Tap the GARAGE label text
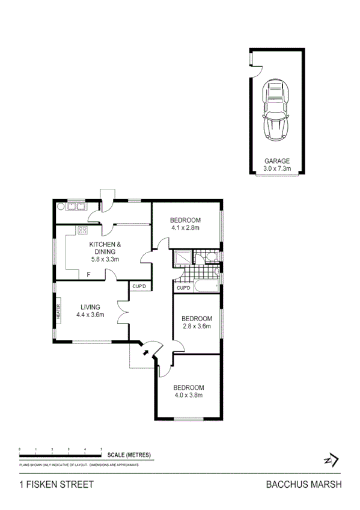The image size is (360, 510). (277, 161)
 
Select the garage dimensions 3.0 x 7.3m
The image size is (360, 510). (277, 168)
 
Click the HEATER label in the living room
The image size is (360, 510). (58, 312)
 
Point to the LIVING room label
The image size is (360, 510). (91, 306)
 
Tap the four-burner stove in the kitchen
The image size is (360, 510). (82, 230)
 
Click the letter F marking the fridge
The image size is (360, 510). (88, 275)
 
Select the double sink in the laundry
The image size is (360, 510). (76, 206)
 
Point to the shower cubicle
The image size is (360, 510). (182, 259)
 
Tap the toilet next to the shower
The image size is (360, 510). (209, 258)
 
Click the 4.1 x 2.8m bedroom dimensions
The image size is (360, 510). (185, 228)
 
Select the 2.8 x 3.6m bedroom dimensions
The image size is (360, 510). (197, 326)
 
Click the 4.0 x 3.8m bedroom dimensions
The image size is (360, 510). (188, 395)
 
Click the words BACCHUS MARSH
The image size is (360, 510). (304, 485)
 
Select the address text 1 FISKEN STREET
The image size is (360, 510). (56, 485)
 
